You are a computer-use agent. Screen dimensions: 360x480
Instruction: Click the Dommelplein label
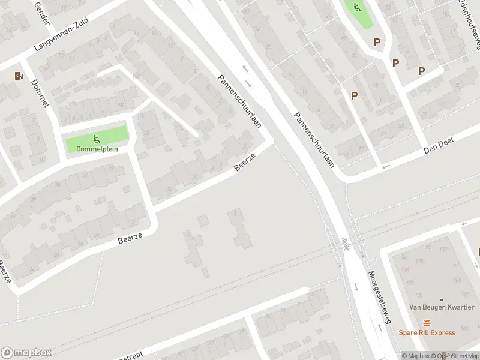pyautogui.click(x=97, y=149)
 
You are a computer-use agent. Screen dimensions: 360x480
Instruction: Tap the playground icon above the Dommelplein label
pyautogui.click(x=97, y=139)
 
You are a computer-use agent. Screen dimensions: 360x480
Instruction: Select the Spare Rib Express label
pyautogui.click(x=427, y=332)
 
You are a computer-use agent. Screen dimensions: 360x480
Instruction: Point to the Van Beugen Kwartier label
pyautogui.click(x=441, y=307)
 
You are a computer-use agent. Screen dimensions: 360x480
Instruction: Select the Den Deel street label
pyautogui.click(x=439, y=144)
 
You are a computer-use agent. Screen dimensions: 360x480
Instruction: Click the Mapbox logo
pyautogui.click(x=26, y=353)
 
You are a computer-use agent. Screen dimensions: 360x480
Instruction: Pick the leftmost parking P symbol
pyautogui.click(x=354, y=95)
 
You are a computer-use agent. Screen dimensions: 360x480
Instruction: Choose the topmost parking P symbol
pyautogui.click(x=377, y=42)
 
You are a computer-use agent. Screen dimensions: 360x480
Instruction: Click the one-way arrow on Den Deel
pyautogui.click(x=386, y=166)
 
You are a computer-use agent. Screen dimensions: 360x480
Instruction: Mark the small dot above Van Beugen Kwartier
pyautogui.click(x=442, y=299)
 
